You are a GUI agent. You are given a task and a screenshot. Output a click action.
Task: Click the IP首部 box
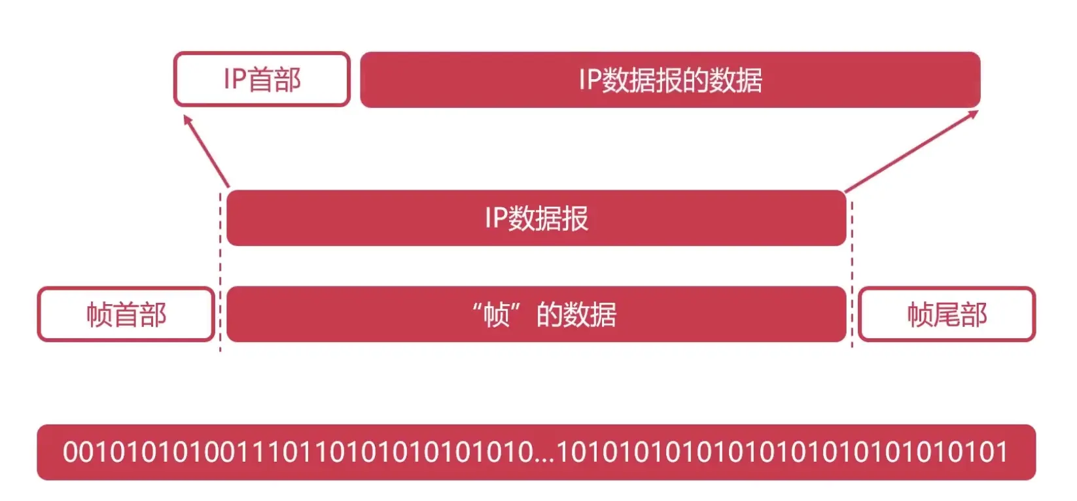coord(262,79)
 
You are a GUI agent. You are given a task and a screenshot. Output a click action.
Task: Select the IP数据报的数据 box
coord(670,80)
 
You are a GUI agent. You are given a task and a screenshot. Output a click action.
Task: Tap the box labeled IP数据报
coord(536,218)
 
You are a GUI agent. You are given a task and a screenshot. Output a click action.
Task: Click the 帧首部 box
coord(126,315)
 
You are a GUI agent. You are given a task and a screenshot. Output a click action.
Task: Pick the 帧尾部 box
coord(946,315)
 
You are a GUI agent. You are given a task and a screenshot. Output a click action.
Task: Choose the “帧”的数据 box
coord(536,315)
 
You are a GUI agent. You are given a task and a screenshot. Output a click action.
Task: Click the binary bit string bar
coord(536,452)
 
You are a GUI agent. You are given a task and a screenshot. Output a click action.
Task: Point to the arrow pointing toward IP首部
coord(206,151)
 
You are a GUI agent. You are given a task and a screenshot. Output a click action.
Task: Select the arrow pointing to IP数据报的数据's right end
coord(911,151)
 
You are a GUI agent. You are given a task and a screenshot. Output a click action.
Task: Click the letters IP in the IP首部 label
coord(234,79)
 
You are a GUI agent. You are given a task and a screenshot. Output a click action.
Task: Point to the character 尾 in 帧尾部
coord(947,315)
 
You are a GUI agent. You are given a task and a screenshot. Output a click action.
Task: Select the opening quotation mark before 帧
coord(477,307)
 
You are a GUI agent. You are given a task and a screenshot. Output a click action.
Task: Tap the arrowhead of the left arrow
coord(187,120)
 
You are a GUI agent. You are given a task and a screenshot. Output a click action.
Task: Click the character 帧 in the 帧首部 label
coord(99,315)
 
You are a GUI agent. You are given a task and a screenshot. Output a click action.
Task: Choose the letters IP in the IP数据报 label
coord(496,218)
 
